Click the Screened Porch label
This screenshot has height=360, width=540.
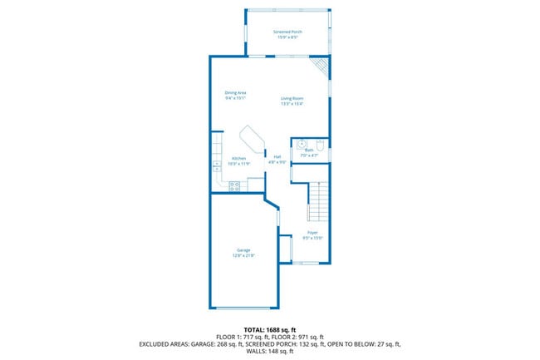coord(287,32)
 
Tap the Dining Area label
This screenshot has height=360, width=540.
coord(235,92)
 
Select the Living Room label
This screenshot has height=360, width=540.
coord(292,98)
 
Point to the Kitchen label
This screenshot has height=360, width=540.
coord(238,158)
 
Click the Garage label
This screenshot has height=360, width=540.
coord(243,250)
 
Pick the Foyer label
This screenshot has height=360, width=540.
coord(312,232)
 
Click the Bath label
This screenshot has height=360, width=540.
coord(309,150)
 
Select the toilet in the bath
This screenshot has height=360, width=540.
coord(320,143)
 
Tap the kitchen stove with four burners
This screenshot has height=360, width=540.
coord(235,186)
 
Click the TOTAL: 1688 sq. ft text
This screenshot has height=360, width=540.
coord(269,329)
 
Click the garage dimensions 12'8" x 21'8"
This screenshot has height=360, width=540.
coord(243,256)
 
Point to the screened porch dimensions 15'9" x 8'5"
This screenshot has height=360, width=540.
coord(287,37)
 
